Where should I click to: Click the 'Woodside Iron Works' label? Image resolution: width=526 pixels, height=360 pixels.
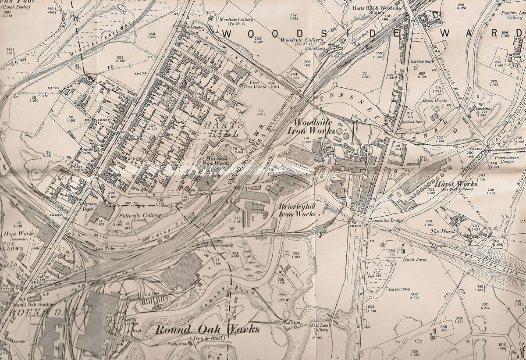[x=315, y=126]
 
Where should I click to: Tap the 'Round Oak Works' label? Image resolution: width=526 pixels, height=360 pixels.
[x=207, y=330]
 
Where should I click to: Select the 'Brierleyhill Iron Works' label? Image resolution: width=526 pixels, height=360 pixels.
[x=298, y=210]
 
